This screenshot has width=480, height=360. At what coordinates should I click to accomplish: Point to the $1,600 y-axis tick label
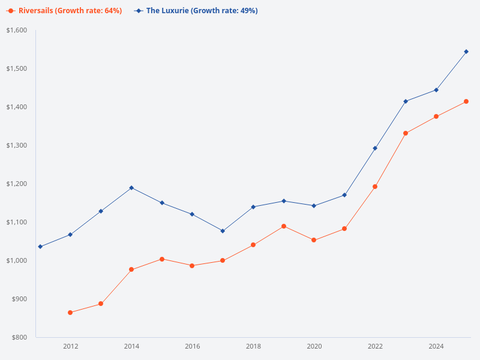[x=17, y=30]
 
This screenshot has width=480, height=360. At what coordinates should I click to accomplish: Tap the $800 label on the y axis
[x=20, y=337]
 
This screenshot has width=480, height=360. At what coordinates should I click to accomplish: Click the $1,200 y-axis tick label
[x=17, y=184]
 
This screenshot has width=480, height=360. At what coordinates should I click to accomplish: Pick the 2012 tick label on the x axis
[x=70, y=346]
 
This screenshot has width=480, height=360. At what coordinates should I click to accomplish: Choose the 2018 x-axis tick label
[x=253, y=346]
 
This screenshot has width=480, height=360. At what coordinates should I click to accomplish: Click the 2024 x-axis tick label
[x=436, y=346]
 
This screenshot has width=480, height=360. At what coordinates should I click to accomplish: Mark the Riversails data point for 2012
[x=70, y=313]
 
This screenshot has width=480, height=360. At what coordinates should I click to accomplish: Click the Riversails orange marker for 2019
[x=284, y=226]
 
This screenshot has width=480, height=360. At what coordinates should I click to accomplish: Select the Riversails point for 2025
[x=466, y=101]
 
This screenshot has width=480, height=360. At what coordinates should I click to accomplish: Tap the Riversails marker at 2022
[x=375, y=187]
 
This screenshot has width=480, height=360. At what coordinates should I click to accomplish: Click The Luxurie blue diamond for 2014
[x=131, y=188]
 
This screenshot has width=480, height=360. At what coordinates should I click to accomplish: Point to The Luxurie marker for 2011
[x=40, y=247]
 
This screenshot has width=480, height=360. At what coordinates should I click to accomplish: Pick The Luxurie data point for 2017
[x=223, y=231]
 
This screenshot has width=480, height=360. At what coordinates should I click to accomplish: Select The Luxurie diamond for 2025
[x=466, y=52]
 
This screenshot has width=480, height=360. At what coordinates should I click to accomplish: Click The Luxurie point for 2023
[x=406, y=101]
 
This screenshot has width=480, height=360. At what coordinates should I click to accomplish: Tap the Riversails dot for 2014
[x=131, y=269]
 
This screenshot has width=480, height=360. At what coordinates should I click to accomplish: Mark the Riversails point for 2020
[x=314, y=240]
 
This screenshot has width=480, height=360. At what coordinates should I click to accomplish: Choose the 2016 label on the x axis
[x=192, y=346]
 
